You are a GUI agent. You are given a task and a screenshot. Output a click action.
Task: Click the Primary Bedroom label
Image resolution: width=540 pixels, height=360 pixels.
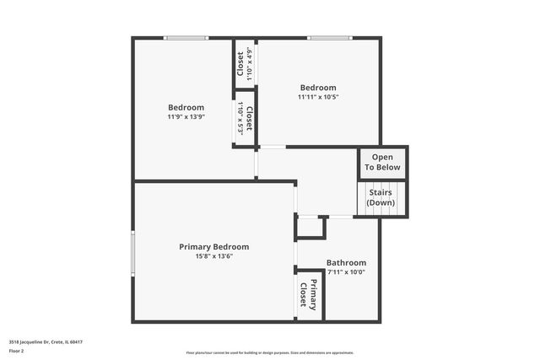point(213,247)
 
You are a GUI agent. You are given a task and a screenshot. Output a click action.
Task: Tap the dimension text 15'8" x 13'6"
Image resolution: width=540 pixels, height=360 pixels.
point(213,256)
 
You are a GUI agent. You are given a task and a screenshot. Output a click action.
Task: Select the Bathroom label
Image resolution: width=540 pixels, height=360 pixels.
point(346,263)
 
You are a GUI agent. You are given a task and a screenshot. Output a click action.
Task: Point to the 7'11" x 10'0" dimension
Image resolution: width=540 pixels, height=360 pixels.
point(346,271)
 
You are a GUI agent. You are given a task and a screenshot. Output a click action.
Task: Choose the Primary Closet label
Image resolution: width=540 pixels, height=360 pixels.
point(309,294)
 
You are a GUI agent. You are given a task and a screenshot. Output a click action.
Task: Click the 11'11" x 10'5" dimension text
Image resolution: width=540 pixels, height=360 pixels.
point(318,97)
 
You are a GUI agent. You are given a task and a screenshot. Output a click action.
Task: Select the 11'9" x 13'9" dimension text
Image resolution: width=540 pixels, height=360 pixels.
point(186,116)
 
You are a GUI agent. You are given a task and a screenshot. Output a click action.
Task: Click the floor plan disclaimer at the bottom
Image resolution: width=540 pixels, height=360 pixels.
point(270,352)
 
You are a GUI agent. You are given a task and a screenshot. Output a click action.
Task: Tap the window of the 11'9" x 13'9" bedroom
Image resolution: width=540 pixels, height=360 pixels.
point(186,37)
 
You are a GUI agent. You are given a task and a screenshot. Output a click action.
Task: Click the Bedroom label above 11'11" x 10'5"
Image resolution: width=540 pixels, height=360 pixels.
point(318,88)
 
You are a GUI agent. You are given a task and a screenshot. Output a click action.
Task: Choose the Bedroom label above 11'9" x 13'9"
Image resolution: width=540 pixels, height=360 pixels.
point(186,107)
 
